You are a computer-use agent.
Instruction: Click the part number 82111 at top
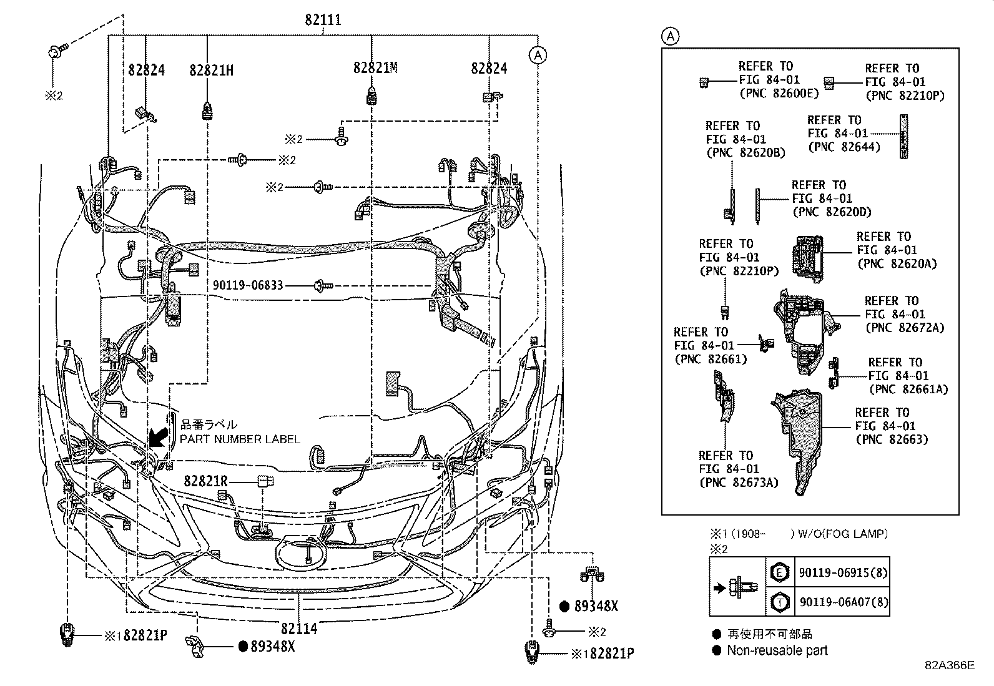323,20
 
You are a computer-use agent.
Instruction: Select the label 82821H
211,70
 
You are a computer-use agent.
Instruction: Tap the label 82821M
375,67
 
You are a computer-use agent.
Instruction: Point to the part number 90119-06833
248,285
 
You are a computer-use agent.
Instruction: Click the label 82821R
206,481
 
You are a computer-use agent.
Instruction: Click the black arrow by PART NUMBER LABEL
159,436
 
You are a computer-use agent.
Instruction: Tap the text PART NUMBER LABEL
240,439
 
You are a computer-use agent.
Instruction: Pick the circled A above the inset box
669,36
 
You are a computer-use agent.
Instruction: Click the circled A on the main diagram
538,56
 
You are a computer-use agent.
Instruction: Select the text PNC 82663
892,439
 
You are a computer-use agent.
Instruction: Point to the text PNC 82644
844,147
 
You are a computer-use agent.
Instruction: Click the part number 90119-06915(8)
842,572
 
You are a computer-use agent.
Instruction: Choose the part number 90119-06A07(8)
842,602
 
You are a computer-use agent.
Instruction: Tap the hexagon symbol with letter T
779,602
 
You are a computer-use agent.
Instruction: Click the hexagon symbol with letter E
779,572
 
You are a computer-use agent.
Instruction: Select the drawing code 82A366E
949,665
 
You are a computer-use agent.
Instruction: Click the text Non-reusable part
777,650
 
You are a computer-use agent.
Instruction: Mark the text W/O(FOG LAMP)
844,534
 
